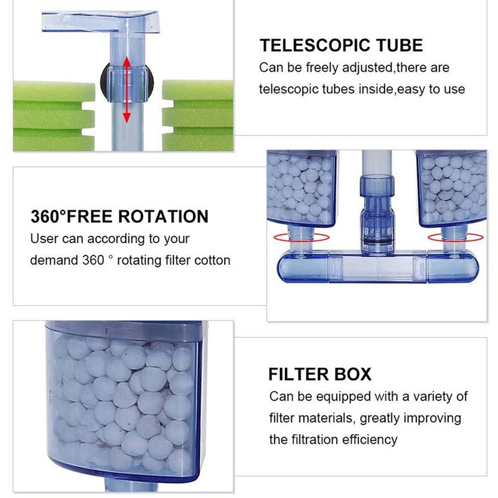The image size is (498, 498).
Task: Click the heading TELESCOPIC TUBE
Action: coord(341,45)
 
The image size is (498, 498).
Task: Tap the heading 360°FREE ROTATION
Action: coord(119,217)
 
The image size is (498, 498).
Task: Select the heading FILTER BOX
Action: coord(320,374)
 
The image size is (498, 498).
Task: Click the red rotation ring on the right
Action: coord(455,237)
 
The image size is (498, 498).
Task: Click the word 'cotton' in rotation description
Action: coord(212,260)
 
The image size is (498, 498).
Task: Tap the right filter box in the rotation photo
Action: coord(451,187)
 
